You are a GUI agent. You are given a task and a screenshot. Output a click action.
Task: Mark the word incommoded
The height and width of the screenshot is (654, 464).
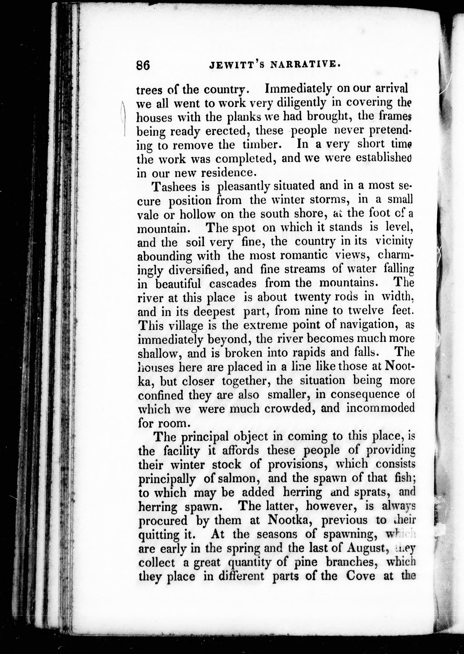pyautogui.click(x=380, y=408)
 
